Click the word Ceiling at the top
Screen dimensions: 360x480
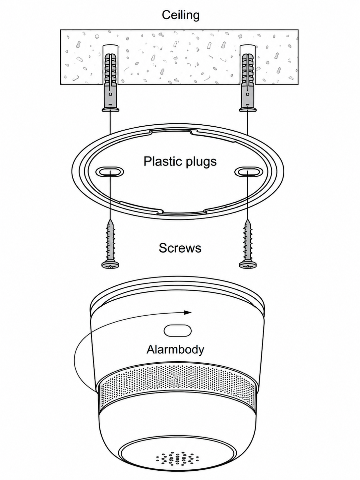181,15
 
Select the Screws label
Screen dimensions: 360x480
180,248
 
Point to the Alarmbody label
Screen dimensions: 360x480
175,349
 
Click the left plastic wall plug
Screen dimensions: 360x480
111,82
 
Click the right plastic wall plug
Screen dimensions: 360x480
248,82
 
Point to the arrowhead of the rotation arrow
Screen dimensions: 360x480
188,313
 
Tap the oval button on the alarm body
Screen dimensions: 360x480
177,330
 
